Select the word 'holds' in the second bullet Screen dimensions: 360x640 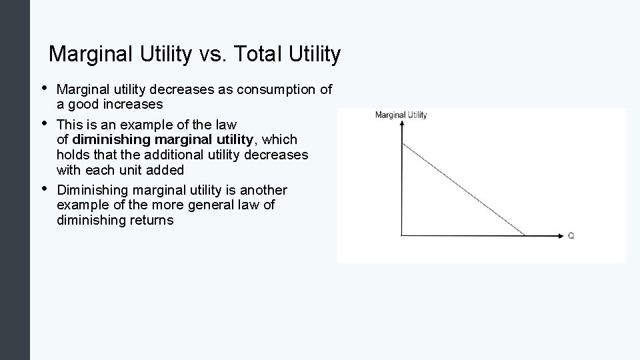pos(73,155)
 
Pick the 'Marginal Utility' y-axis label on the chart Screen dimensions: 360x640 pos(401,115)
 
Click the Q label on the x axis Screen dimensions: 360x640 pos(571,236)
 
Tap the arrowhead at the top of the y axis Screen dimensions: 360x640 pos(403,126)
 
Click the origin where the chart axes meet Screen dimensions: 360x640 pos(403,235)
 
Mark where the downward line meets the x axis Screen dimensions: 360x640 pos(525,235)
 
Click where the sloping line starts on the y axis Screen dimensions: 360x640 pos(403,143)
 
